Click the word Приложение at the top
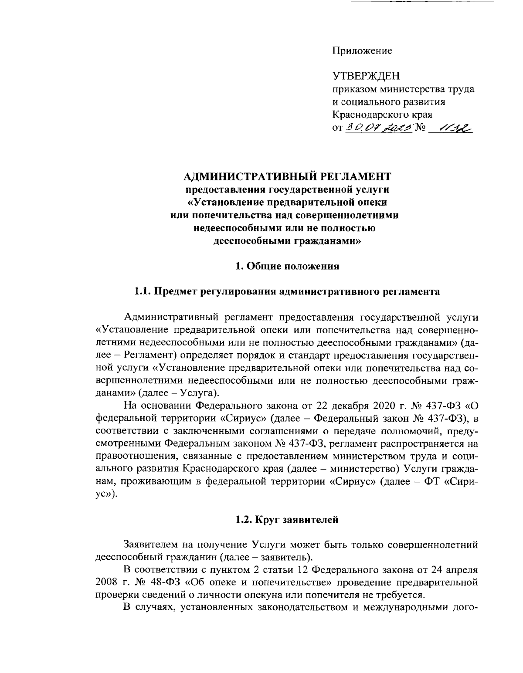pos(362,51)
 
